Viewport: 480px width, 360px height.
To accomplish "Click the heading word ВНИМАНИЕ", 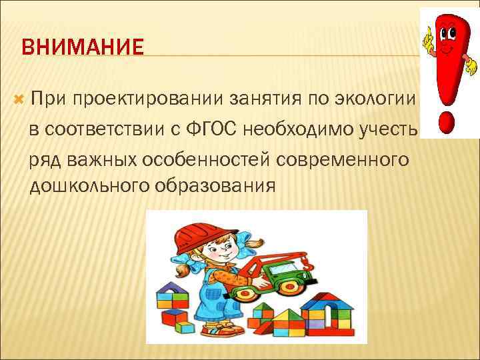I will click(83, 48).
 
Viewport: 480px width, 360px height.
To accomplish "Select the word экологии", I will click(377, 100).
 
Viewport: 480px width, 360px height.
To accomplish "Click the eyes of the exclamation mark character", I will click(445, 31).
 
